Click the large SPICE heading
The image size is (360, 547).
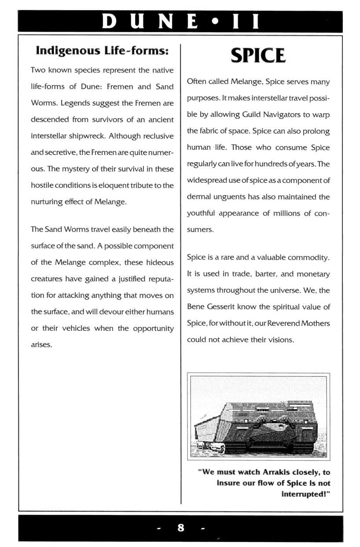tap(258, 56)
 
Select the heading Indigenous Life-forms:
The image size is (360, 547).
tap(102, 51)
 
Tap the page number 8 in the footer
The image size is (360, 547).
tap(180, 528)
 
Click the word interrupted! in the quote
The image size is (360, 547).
tap(305, 494)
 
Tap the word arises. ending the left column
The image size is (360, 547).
tap(42, 344)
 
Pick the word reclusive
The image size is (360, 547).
tap(156, 136)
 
